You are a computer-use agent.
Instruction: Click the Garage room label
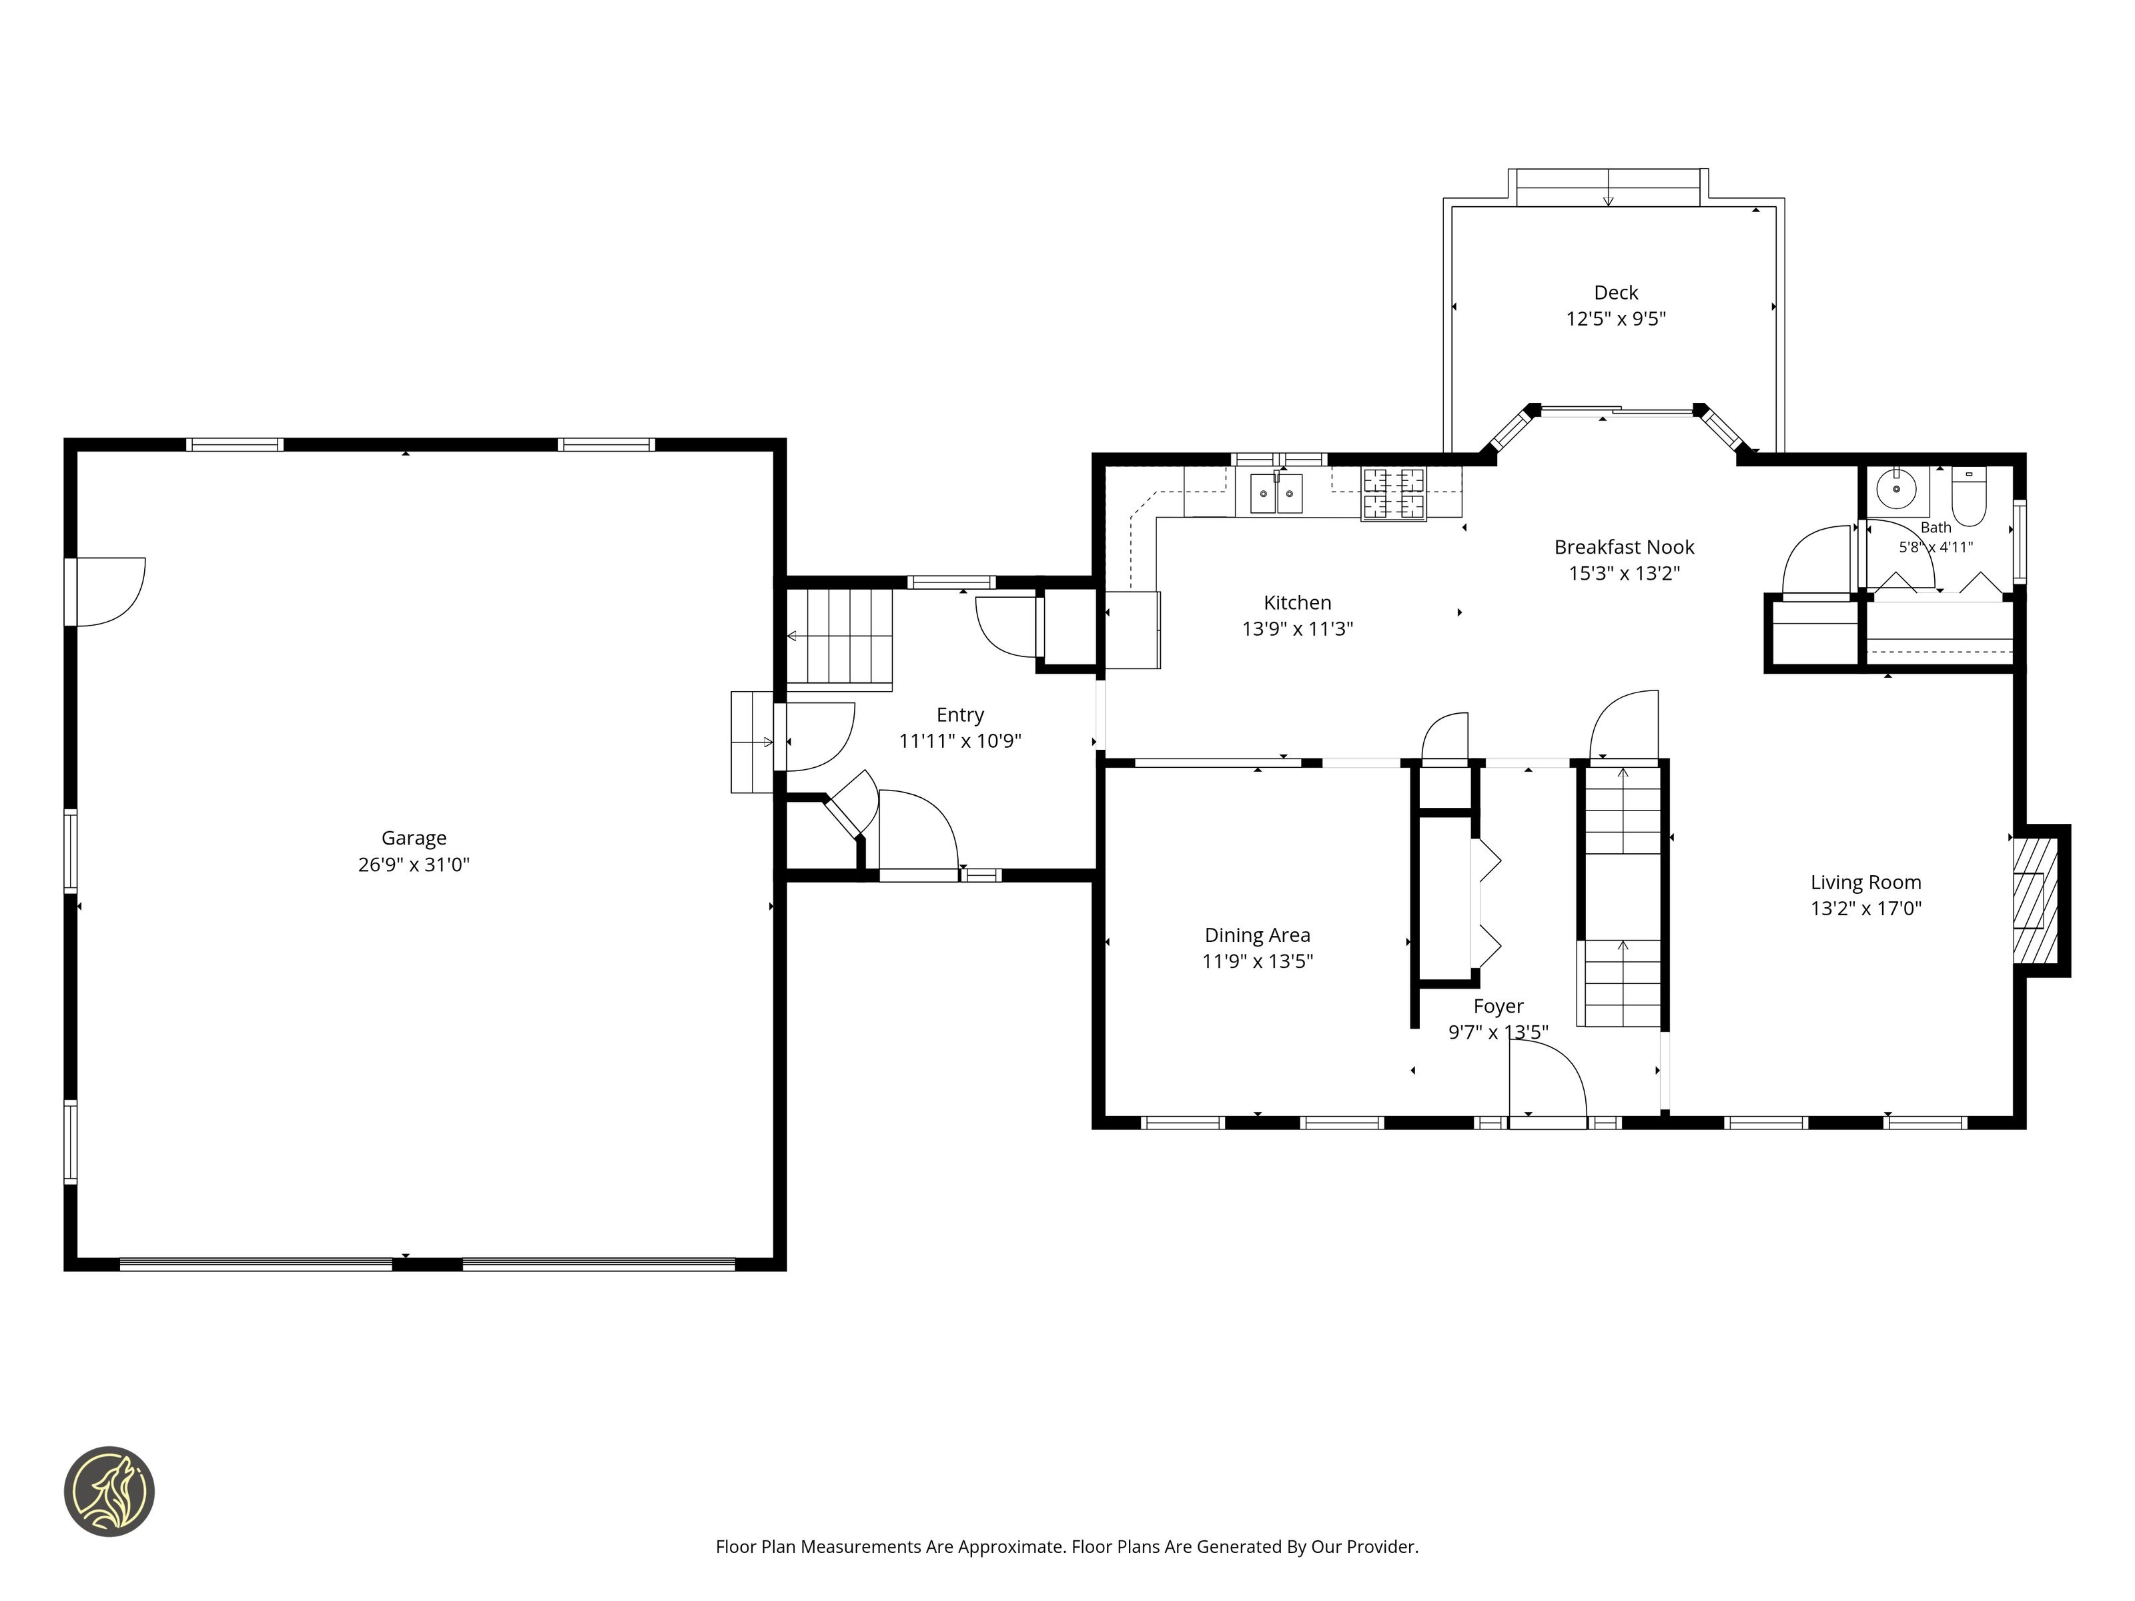[x=414, y=838]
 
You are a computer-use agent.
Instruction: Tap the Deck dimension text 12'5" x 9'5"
[x=1616, y=318]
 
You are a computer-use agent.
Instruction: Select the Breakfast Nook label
[x=1625, y=546]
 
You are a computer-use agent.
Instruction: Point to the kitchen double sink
[x=1276, y=493]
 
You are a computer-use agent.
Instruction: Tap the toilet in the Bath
[x=1969, y=495]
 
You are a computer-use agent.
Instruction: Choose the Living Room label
[x=1865, y=882]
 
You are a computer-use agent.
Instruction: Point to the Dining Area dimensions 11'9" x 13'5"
[x=1258, y=961]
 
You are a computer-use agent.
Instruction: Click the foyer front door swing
[x=1548, y=1078]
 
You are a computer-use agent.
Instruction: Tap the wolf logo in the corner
[x=109, y=1491]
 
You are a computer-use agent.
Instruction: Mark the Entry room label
[x=960, y=714]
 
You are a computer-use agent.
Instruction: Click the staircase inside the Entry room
[x=839, y=639]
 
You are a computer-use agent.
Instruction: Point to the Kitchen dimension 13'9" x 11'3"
[x=1297, y=629]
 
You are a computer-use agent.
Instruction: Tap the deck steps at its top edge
[x=1608, y=187]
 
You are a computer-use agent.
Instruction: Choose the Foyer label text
[x=1498, y=1007]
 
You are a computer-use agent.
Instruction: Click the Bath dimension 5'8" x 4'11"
[x=1936, y=547]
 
